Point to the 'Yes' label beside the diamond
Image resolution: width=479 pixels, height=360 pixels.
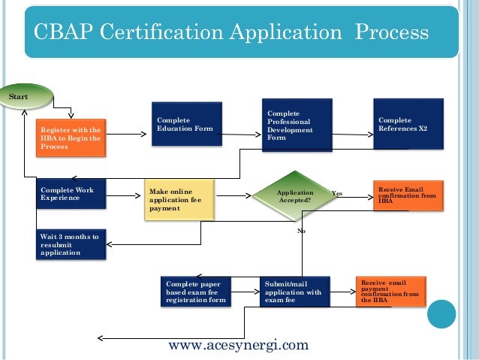pos(337,193)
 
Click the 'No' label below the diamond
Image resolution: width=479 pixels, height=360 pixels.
pos(301,231)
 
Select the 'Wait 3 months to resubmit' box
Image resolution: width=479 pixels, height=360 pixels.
pos(71,245)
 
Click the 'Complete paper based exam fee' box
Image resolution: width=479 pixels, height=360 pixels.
pos(196,292)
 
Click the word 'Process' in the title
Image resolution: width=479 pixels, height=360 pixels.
pos(393,33)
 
